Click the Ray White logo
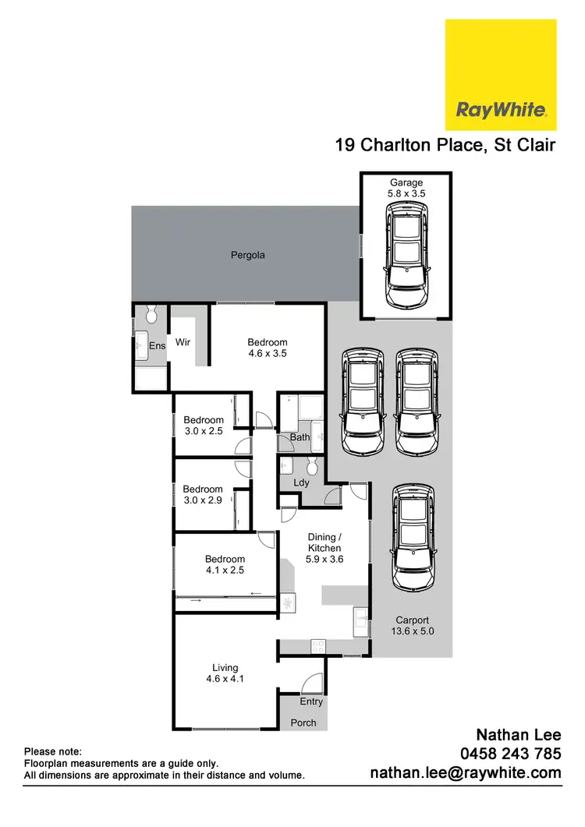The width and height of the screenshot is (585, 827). [500, 75]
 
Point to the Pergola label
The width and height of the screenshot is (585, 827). [247, 255]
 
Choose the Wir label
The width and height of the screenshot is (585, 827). [183, 342]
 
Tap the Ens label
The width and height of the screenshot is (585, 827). [158, 346]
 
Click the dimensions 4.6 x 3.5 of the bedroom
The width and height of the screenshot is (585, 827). [268, 353]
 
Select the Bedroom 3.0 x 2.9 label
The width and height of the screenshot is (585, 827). [203, 495]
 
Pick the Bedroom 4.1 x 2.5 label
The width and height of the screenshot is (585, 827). [225, 564]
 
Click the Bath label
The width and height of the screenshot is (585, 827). [300, 437]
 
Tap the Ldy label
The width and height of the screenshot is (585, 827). [301, 482]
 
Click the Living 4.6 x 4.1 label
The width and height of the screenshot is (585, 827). [225, 673]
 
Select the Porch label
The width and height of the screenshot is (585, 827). [303, 723]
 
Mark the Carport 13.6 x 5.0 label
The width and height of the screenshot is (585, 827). [411, 627]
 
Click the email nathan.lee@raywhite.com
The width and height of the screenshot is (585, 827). [465, 773]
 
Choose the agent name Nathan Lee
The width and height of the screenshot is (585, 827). [519, 735]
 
